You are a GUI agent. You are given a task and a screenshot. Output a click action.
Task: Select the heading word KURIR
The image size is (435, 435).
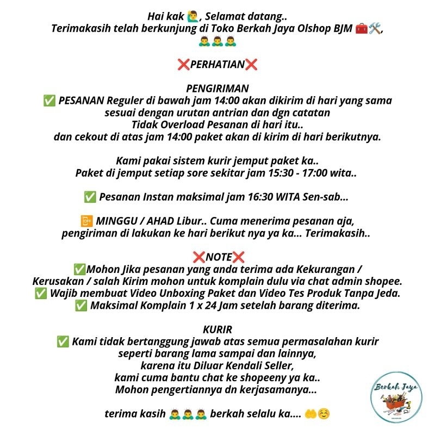217,329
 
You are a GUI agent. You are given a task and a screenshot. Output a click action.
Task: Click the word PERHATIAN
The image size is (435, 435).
217,65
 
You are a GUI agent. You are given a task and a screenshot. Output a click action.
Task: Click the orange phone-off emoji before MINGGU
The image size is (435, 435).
85,221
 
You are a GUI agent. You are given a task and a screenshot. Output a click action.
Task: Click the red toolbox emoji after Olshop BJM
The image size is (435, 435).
361,29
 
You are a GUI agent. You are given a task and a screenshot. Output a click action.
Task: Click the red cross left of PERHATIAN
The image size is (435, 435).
183,65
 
